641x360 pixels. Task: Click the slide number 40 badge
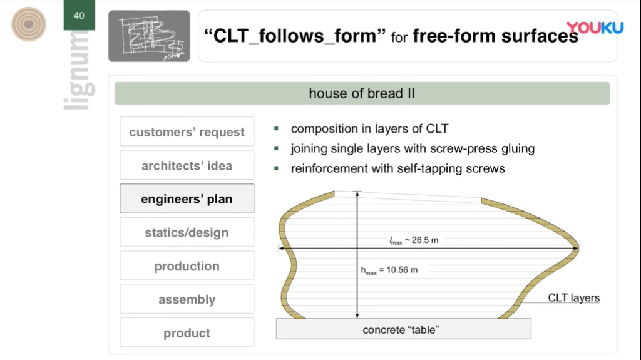point(79,15)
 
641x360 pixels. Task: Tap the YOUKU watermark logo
point(595,28)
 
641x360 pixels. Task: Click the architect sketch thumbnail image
point(149,36)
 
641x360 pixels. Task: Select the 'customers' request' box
point(187,131)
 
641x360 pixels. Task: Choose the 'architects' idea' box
point(187,165)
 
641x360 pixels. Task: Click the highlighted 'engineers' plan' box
point(187,199)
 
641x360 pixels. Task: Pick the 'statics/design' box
point(187,232)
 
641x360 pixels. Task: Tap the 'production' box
point(187,266)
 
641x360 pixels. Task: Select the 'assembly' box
point(187,299)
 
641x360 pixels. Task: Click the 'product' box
point(187,332)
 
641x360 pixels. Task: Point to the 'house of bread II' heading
point(362,93)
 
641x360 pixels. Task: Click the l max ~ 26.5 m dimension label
point(414,240)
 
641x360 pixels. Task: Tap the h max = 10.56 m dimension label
point(389,270)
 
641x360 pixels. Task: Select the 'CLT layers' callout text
point(573,297)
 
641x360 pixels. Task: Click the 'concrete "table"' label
point(401,330)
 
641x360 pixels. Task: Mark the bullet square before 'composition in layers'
point(276,128)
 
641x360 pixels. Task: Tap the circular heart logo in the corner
point(29,24)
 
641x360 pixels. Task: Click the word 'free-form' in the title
point(454,36)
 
